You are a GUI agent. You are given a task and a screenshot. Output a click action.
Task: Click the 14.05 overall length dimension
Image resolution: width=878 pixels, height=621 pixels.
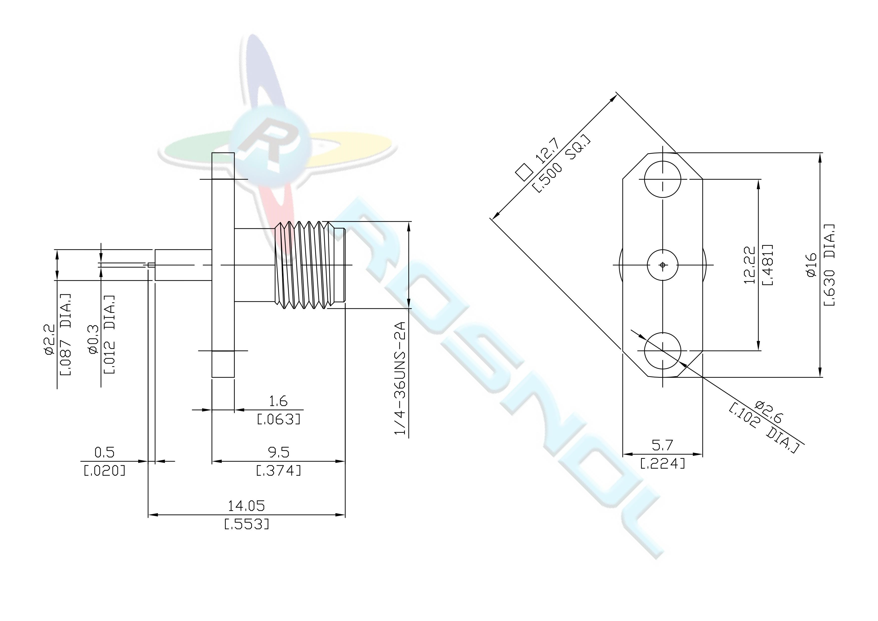click(246, 506)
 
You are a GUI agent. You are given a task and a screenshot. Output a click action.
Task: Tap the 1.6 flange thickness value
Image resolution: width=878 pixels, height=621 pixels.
click(278, 401)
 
